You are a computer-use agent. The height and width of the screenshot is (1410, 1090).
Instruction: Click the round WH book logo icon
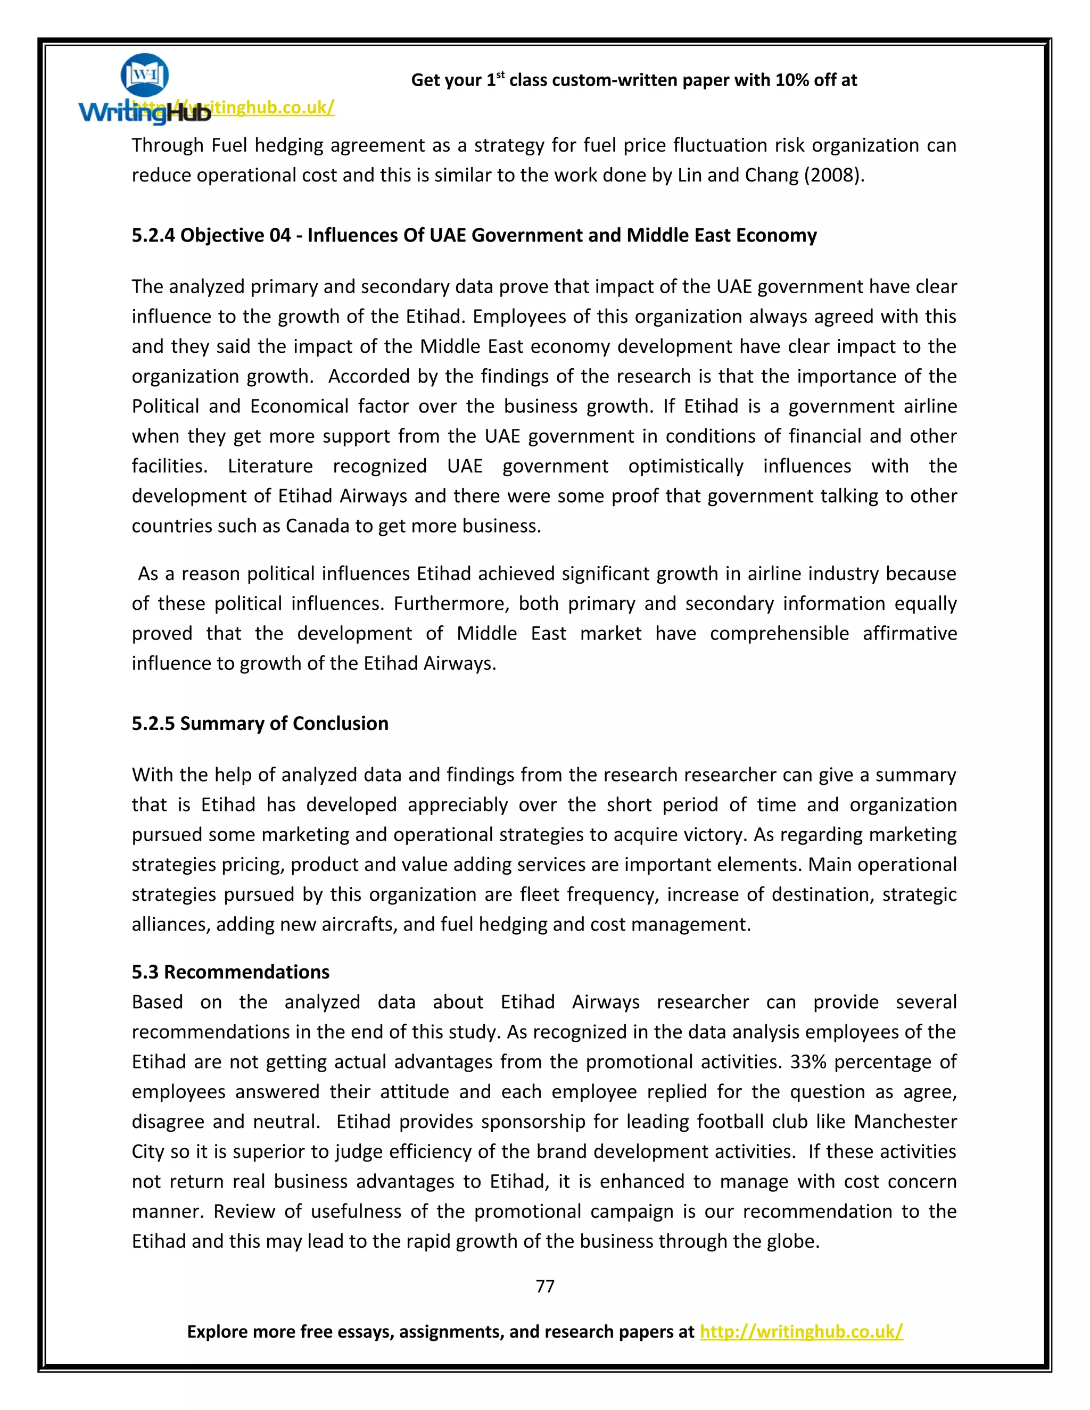[145, 76]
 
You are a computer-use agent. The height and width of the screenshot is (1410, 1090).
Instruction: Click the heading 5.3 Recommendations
[230, 972]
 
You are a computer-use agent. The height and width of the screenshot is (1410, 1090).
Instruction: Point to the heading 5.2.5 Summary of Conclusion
[260, 723]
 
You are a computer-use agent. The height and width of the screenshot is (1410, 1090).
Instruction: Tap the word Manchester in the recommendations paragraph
[905, 1122]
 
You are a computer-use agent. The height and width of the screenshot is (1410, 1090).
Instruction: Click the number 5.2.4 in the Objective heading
[153, 235]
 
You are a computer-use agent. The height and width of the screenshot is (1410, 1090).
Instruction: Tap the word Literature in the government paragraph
[270, 466]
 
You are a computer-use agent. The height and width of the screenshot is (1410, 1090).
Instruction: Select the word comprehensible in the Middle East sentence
[779, 633]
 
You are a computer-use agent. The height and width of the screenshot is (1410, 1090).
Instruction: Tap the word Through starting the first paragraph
[168, 146]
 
